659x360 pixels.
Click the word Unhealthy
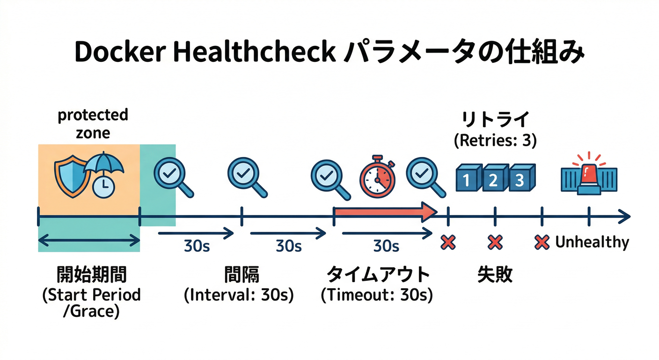[592, 242]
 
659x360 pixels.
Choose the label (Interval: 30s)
[239, 295]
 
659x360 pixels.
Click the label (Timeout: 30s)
[377, 295]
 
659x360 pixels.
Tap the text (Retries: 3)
[495, 140]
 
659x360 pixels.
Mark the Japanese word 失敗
[495, 275]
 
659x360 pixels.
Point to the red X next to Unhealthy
[542, 242]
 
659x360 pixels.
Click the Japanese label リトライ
[495, 120]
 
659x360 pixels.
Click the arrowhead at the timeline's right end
[625, 217]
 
